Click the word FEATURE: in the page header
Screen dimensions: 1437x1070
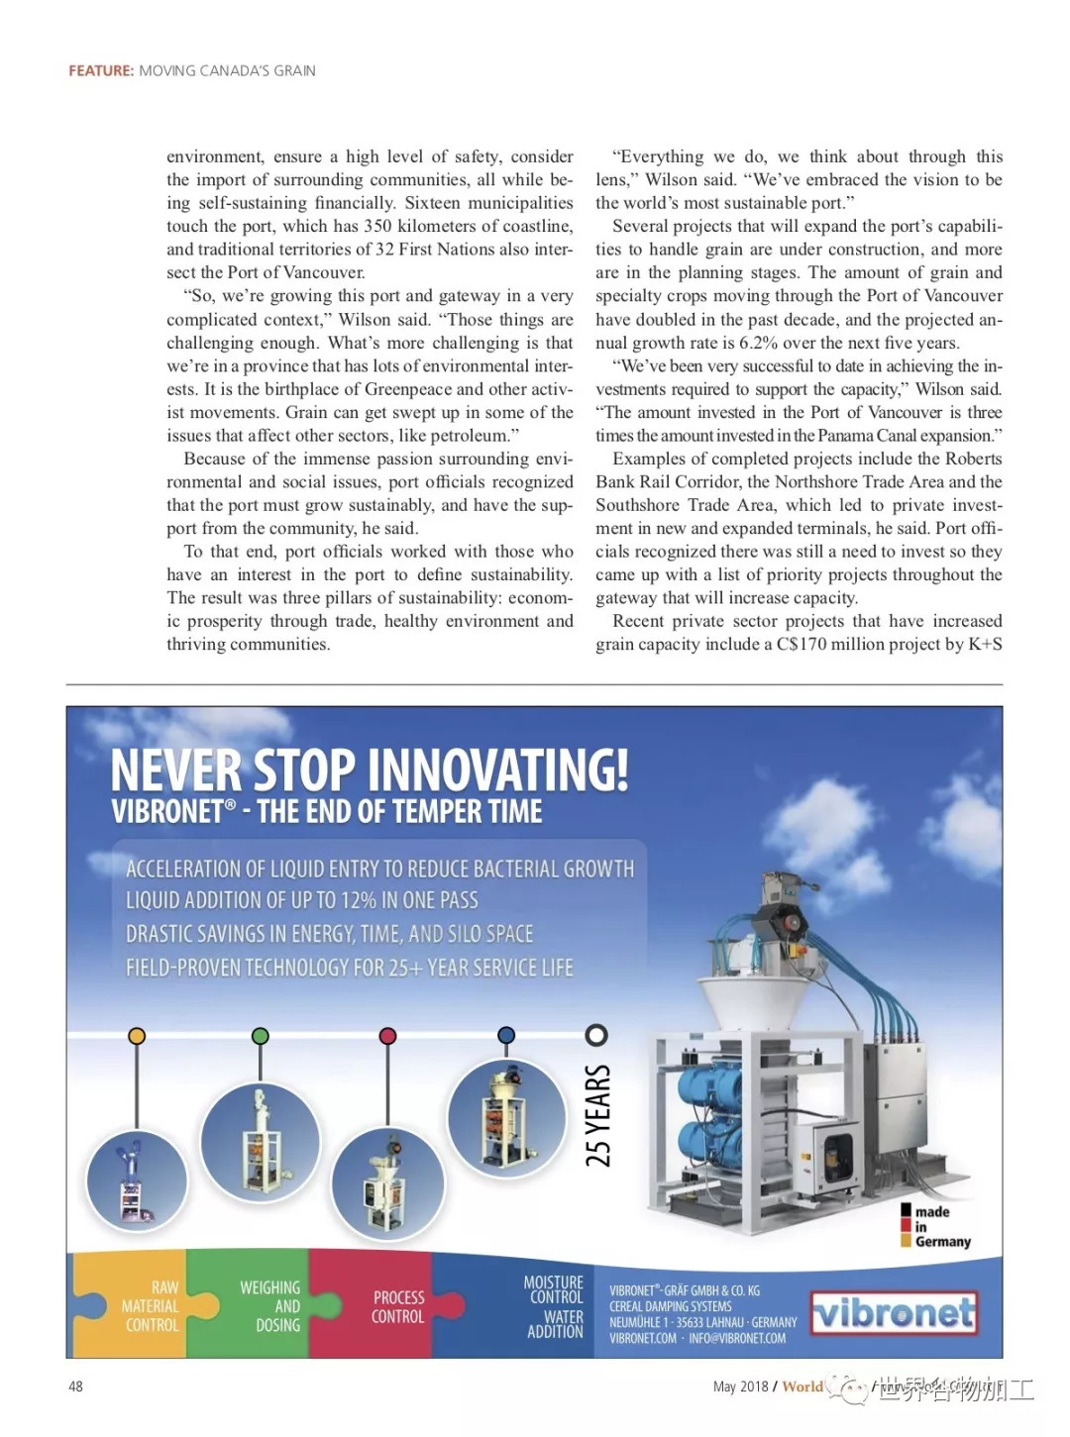[100, 71]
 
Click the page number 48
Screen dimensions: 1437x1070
[75, 1386]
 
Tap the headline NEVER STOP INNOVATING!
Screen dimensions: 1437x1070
[369, 770]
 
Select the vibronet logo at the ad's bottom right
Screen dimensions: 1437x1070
[894, 1313]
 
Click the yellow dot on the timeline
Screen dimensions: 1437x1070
[137, 1036]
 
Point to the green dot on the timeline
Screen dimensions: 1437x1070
[261, 1036]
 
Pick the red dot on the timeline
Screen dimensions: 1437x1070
[387, 1036]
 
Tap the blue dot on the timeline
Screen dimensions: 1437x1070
[506, 1035]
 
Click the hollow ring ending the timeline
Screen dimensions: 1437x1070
[596, 1035]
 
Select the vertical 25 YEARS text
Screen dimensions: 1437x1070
[597, 1115]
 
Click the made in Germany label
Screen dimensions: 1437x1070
[936, 1226]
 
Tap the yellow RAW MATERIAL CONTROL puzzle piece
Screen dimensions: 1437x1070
[149, 1306]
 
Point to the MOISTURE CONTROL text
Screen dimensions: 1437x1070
[554, 1289]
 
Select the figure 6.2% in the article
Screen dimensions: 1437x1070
[759, 343]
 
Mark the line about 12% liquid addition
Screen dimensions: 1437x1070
[302, 900]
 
